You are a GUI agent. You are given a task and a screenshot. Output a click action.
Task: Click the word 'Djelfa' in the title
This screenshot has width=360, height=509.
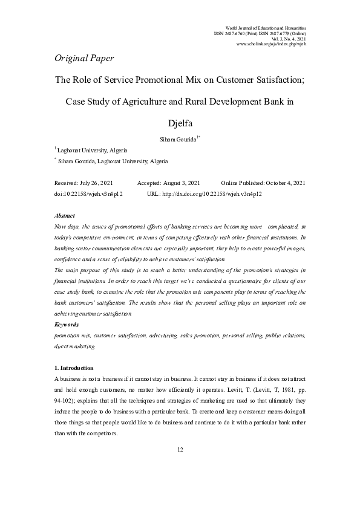[180, 125]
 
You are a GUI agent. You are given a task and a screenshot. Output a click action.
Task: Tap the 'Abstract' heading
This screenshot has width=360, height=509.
[65, 215]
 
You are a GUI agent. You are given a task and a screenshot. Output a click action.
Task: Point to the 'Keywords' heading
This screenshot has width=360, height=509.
[67, 325]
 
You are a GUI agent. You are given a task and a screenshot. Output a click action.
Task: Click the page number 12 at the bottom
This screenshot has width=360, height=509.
[180, 450]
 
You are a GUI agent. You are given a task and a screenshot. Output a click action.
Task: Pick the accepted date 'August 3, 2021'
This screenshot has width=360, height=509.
[185, 183]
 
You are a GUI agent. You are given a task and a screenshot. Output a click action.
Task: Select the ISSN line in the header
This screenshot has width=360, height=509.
[260, 33]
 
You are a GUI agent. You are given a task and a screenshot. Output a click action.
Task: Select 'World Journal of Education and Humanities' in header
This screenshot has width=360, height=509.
[265, 28]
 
